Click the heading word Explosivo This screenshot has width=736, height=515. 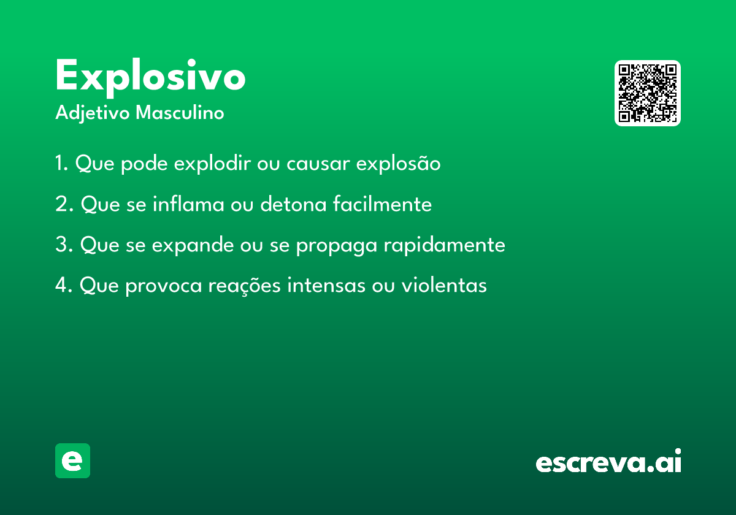(150, 77)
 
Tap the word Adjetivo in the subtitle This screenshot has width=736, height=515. (92, 113)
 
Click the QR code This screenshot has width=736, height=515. (647, 93)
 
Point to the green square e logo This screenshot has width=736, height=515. (72, 460)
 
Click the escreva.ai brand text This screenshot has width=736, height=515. (608, 462)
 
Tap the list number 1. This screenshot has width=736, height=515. (61, 164)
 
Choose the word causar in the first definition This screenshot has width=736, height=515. (318, 164)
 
